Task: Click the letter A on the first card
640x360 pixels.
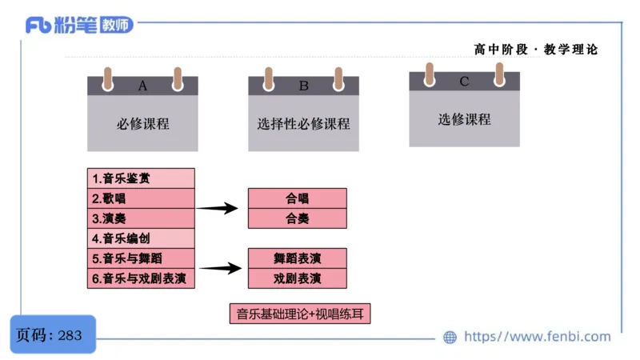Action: click(142, 86)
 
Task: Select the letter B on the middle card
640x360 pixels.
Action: click(303, 86)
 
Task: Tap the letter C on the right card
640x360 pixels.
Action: click(464, 82)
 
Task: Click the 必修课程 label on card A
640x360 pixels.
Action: click(143, 123)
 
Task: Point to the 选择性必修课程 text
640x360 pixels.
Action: click(303, 123)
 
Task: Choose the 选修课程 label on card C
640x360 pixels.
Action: click(465, 119)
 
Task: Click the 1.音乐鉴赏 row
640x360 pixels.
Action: click(141, 178)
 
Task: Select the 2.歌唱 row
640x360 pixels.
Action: click(141, 198)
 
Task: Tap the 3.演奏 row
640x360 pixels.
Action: click(141, 218)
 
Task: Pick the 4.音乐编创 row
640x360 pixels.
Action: click(141, 238)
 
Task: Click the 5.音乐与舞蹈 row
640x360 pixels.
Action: click(141, 258)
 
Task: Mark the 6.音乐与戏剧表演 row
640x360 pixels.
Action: click(141, 278)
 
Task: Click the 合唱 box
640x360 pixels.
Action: click(297, 198)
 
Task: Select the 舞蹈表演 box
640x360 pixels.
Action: click(297, 258)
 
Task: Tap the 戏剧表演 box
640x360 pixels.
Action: click(297, 278)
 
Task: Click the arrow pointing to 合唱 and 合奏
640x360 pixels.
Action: click(217, 208)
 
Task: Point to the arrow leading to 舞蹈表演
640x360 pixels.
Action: click(221, 268)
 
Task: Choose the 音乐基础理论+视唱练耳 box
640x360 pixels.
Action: click(300, 314)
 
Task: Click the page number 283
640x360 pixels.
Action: click(70, 335)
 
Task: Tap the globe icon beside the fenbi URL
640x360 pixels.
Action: click(450, 337)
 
